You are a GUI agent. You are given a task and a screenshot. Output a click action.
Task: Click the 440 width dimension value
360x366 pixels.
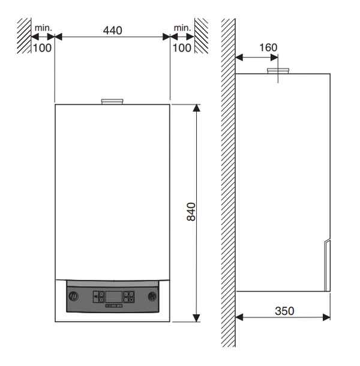click(113, 31)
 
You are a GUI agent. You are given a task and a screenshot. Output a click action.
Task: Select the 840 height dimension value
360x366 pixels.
click(191, 212)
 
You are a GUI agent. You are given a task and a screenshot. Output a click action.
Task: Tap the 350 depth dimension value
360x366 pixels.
click(284, 311)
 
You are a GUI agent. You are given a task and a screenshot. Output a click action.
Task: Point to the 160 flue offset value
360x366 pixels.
click(268, 47)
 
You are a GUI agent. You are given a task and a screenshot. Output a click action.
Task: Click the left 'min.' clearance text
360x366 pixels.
click(43, 28)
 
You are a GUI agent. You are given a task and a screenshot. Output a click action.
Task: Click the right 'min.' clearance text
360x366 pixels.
click(182, 28)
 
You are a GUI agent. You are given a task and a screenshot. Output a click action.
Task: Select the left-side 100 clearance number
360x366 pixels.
click(42, 48)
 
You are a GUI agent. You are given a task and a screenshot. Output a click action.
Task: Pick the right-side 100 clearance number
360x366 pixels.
click(182, 48)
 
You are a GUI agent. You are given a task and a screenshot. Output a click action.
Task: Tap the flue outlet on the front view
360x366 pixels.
click(112, 101)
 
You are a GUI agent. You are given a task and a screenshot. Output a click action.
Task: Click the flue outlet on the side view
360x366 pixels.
click(278, 71)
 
